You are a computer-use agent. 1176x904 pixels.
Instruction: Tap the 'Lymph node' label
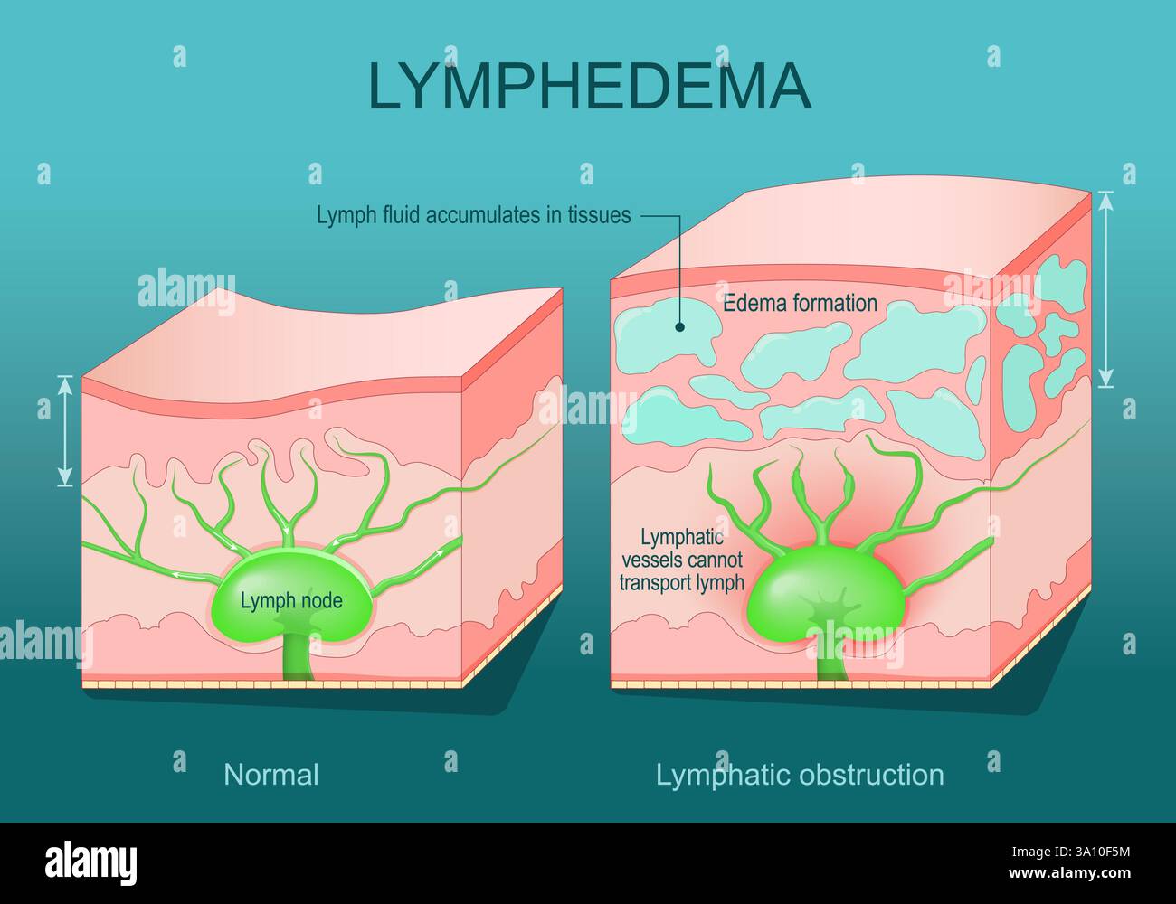[291, 599]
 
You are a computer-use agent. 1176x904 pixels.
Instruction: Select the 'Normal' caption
[271, 775]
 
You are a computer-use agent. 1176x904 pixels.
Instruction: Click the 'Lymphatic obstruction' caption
[800, 775]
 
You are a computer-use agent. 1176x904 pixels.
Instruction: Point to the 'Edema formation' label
[800, 303]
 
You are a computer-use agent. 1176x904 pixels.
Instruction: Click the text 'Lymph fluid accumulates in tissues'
[473, 216]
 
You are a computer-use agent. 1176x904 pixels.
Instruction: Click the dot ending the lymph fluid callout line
[680, 328]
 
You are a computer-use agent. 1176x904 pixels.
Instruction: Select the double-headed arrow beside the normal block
[64, 430]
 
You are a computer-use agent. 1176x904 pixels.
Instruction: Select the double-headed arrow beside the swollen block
[1105, 289]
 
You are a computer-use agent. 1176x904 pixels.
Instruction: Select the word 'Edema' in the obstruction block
[750, 303]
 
